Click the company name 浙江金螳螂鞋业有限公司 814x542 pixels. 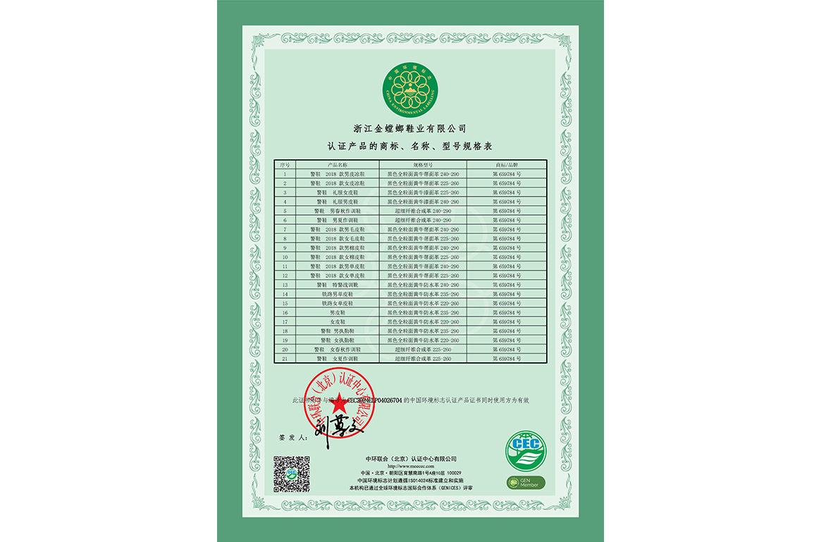tap(409, 128)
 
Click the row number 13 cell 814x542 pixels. tap(285, 285)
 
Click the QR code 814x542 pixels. tap(291, 474)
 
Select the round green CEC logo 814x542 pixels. tap(525, 452)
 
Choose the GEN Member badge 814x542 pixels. tap(525, 483)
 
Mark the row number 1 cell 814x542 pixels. tap(285, 173)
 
